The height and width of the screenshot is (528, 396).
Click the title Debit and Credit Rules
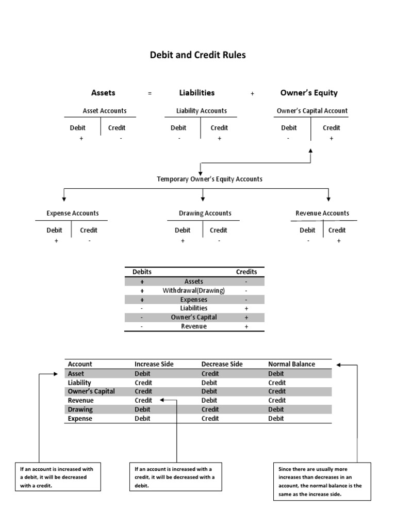(197, 55)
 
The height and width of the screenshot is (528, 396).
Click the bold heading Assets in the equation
(103, 93)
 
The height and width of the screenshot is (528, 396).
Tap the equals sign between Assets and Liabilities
(150, 94)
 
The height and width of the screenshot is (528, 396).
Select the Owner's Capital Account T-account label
(312, 110)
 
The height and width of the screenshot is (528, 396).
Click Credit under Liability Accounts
(219, 128)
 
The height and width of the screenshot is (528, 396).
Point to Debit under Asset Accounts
(78, 128)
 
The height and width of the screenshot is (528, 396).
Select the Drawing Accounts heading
(205, 213)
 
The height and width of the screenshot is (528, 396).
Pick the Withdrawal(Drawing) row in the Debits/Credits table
(194, 290)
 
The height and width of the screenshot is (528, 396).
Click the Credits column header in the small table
(246, 272)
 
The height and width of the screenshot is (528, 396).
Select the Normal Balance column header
(291, 364)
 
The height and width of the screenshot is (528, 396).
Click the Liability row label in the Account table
(79, 383)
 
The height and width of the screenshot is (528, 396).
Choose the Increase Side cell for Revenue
(143, 400)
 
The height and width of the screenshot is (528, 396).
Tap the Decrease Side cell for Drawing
(210, 409)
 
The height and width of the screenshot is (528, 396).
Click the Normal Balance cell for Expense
(276, 419)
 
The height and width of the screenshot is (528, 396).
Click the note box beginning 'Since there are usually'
(322, 482)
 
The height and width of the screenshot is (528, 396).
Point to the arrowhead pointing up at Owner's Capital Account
(310, 150)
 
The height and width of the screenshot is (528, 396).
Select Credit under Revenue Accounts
(337, 230)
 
